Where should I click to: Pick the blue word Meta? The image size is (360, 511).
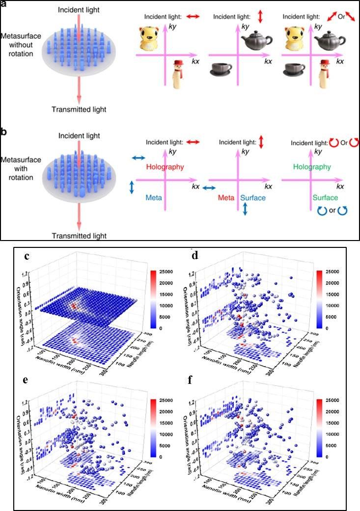[153, 197]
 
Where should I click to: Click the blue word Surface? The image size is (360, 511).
[252, 197]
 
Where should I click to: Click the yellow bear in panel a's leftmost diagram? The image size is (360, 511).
[150, 39]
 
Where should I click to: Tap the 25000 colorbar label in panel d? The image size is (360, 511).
[338, 271]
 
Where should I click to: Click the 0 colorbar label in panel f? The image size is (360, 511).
[331, 456]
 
